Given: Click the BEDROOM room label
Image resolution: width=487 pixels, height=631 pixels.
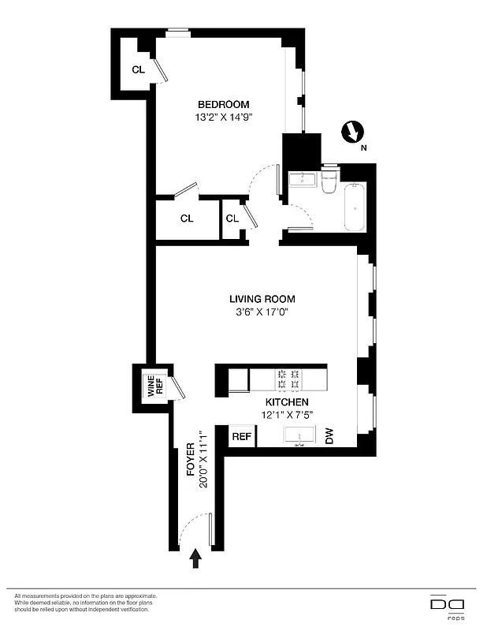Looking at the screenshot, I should tap(223, 104).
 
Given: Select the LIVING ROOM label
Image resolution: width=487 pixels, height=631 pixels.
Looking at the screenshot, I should tap(262, 299).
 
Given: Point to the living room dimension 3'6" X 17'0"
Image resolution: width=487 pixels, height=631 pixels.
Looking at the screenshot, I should tap(262, 312).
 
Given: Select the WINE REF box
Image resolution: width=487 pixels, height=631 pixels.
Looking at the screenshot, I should tap(153, 386).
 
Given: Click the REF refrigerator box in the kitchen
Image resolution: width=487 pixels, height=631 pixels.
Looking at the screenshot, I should tap(241, 436).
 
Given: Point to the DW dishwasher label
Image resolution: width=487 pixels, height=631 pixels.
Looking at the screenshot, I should tap(330, 436).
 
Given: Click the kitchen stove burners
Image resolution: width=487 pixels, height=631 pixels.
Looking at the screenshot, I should tap(288, 379).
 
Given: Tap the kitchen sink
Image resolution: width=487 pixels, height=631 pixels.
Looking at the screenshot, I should tap(299, 436).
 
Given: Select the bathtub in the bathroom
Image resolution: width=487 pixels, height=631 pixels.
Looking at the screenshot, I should tap(355, 207).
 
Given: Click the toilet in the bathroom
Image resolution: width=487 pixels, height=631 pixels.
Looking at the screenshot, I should tap(329, 181).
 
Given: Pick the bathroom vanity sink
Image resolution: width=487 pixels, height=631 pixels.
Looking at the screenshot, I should tap(302, 181).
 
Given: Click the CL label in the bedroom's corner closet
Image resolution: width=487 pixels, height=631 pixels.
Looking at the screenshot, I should tap(138, 69).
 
